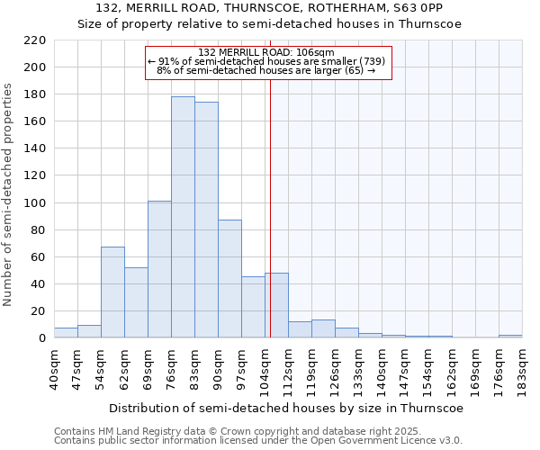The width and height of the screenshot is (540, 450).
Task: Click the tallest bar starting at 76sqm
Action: coord(183,217)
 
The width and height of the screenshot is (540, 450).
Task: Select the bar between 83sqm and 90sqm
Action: coord(206,220)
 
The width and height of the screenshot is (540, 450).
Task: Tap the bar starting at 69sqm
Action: coord(159,269)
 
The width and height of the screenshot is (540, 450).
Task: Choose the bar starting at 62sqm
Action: coord(136,302)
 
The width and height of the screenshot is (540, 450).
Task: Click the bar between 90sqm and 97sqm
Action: coord(229,279)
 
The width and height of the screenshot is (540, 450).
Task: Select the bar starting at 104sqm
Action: coord(276,305)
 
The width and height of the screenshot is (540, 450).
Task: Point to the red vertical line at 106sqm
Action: coord(270,207)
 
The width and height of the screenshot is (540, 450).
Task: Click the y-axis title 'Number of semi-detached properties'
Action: coord(9,194)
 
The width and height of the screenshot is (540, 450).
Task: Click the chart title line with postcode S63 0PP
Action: coord(269,9)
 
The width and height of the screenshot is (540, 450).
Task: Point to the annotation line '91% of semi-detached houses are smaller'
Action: coord(266,61)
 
